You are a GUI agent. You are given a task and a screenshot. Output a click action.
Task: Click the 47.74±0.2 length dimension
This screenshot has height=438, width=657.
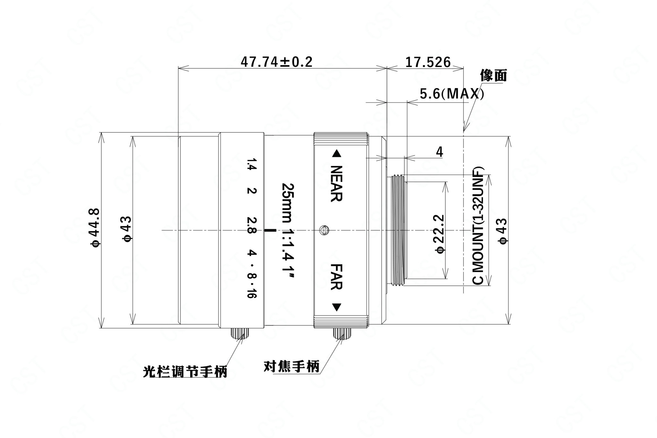coord(276,62)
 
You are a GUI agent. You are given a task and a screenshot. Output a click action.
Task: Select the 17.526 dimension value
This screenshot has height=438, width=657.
coord(428,62)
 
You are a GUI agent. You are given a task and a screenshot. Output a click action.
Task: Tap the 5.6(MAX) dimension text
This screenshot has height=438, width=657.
coord(452,94)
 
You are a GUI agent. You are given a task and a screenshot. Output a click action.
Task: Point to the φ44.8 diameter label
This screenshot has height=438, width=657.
coord(96,227)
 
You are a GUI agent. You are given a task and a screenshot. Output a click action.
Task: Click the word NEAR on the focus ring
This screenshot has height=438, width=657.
coord(336,183)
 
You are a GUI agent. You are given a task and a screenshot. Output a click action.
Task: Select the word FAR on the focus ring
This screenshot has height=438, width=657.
coord(336,277)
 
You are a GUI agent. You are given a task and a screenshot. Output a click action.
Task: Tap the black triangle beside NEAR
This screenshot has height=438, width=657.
coord(336,154)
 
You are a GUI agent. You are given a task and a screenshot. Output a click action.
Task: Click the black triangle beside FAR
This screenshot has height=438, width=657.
coord(336,307)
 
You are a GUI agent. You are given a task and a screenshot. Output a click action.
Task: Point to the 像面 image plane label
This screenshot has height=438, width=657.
coord(493,76)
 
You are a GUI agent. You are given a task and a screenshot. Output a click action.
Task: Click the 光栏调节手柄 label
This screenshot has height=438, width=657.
coord(185,372)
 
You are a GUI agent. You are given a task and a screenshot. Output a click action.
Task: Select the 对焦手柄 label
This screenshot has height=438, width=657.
coord(292,366)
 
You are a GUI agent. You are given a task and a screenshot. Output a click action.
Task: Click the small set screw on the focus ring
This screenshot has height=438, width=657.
coord(324,230)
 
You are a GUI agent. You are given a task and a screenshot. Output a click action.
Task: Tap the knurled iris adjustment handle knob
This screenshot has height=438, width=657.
coord(238,333)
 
